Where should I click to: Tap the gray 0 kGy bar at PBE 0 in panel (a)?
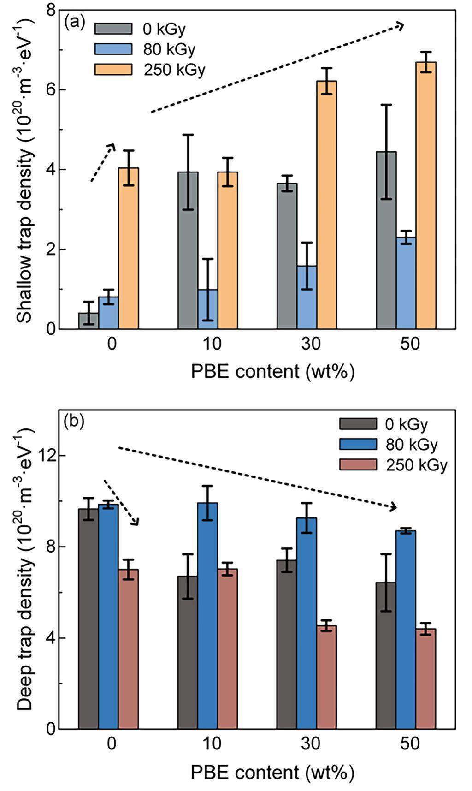tap(88, 321)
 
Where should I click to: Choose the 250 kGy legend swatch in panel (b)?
tap(358, 464)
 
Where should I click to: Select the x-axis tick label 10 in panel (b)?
tap(211, 744)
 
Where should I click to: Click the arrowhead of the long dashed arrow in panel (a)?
tap(400, 26)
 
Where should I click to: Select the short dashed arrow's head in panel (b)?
tap(136, 522)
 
